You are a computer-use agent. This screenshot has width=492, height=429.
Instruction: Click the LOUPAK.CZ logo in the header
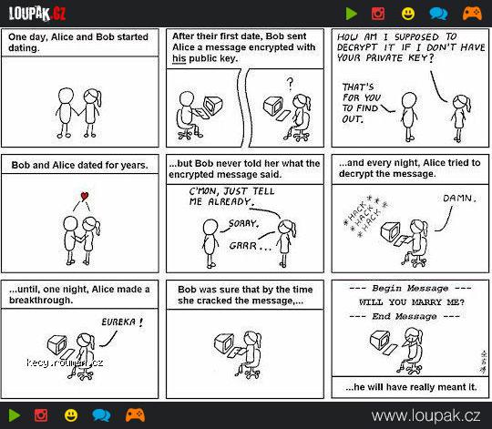pyautogui.click(x=37, y=14)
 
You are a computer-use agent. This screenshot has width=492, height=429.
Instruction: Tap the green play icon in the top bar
pyautogui.click(x=351, y=14)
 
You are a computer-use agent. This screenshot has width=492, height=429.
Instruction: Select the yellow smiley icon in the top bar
pyautogui.click(x=408, y=14)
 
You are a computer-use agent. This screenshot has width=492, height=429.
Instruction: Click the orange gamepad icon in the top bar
pyautogui.click(x=472, y=14)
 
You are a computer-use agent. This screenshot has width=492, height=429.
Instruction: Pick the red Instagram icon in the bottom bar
pyautogui.click(x=41, y=415)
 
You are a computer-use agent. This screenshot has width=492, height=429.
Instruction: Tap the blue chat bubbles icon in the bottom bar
pyautogui.click(x=101, y=415)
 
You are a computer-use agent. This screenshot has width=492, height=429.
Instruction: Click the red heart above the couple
pyautogui.click(x=85, y=197)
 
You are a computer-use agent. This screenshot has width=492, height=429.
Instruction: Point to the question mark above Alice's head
pyautogui.click(x=290, y=84)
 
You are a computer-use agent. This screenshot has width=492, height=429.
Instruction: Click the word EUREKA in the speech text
pyautogui.click(x=118, y=322)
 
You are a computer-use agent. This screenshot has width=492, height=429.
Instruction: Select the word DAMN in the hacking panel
pyautogui.click(x=457, y=199)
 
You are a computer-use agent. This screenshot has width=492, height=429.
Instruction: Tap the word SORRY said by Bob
pyautogui.click(x=243, y=223)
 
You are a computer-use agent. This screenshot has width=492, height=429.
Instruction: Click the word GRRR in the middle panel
pyautogui.click(x=243, y=246)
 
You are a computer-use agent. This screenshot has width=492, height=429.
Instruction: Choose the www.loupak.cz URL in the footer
pyautogui.click(x=425, y=416)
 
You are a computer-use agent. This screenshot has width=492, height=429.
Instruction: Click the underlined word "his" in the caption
pyautogui.click(x=179, y=58)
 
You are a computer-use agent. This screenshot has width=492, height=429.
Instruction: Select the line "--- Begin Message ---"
pyautogui.click(x=410, y=288)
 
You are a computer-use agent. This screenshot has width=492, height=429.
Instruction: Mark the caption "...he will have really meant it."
pyautogui.click(x=411, y=387)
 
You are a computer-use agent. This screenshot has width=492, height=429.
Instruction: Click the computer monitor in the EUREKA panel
pyautogui.click(x=57, y=344)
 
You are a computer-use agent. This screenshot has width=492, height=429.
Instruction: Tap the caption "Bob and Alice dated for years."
pyautogui.click(x=79, y=165)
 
